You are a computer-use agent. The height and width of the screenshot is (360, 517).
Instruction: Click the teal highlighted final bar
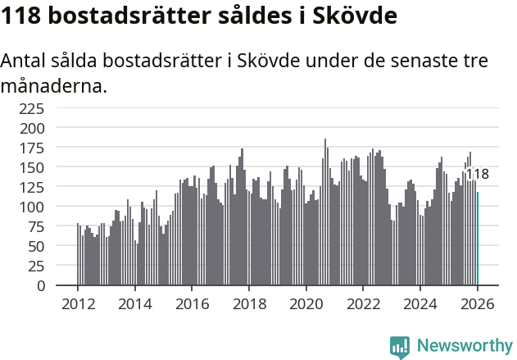(478, 239)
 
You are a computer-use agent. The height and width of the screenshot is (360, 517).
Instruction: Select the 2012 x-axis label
(78, 303)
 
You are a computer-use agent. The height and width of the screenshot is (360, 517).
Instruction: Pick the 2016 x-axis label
(192, 303)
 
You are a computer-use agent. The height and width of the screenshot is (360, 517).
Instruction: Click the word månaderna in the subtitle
(54, 85)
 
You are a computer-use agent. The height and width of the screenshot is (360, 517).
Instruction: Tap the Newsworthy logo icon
(400, 346)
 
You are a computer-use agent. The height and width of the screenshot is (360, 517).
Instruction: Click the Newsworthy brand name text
(464, 346)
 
